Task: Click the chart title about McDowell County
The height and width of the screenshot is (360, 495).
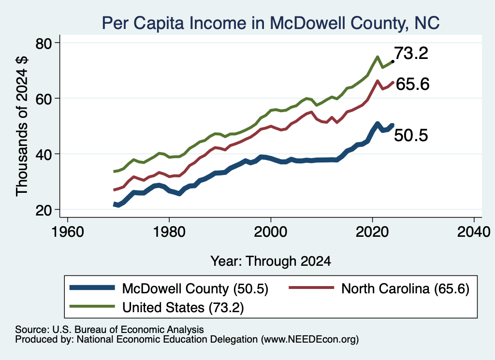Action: click(x=271, y=23)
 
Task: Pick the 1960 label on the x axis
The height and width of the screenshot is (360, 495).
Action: click(x=68, y=232)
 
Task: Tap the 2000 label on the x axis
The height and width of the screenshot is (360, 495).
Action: click(x=271, y=232)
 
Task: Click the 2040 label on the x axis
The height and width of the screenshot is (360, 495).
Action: click(x=474, y=232)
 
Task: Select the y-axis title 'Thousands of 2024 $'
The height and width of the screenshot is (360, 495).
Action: click(x=22, y=126)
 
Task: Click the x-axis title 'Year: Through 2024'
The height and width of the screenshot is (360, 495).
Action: click(x=271, y=261)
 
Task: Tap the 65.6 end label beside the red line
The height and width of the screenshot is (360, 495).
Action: click(x=413, y=84)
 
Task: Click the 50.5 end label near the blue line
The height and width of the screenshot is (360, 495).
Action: click(x=411, y=135)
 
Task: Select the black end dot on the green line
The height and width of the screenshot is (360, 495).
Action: click(x=393, y=61)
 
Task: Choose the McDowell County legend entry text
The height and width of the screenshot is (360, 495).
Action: click(x=195, y=288)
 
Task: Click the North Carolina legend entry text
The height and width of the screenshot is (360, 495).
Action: click(x=406, y=288)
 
